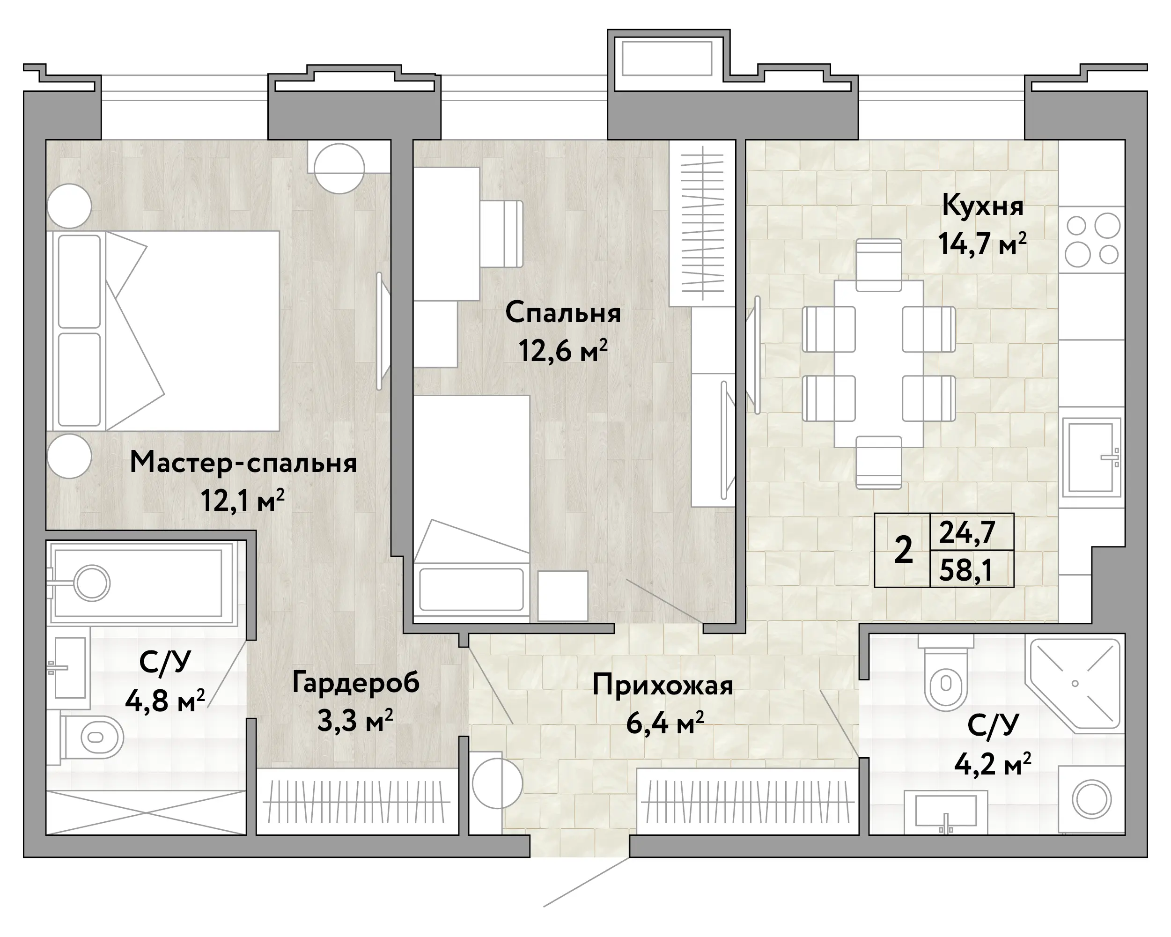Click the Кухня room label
pos(982,206)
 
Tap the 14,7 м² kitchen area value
pos(982,244)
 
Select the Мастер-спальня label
pos(243,463)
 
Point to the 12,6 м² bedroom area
pos(563,350)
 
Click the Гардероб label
pos(356,682)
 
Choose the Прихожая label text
pos(663,685)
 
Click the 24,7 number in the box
pos(967,532)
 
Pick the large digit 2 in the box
pos(903,550)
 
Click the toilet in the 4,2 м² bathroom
pos(946,673)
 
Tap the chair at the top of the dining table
pos(878,266)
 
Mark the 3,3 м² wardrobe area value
pos(355,721)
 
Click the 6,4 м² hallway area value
pos(665,723)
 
